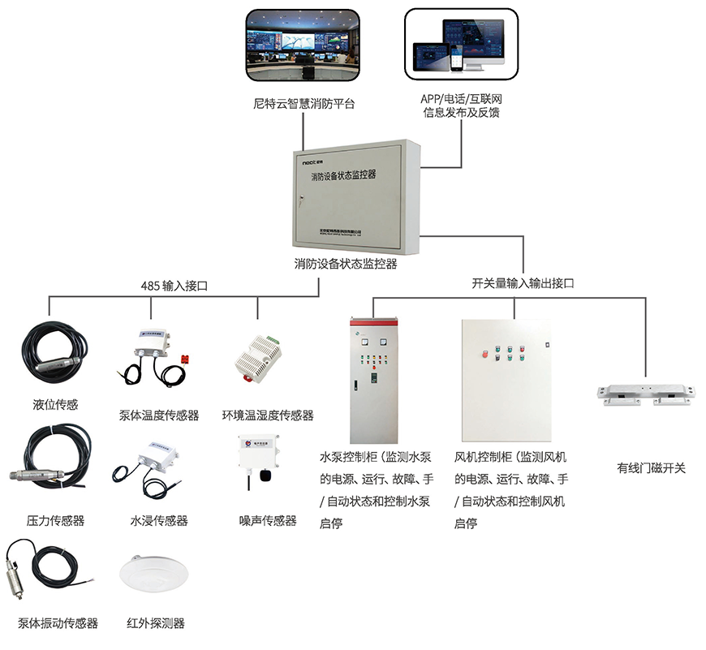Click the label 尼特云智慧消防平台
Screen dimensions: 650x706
303,104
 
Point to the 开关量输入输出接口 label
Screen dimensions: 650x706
523,284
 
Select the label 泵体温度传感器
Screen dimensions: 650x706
159,415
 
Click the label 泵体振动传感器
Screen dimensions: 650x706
58,623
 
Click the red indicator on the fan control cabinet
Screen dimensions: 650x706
486,353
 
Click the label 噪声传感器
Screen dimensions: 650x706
268,520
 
